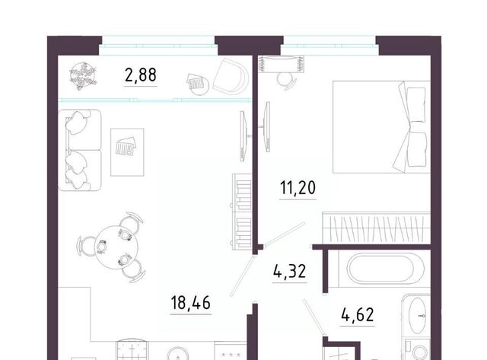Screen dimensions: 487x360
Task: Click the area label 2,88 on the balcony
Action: click(141, 75)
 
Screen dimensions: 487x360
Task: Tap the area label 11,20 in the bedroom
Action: click(298, 187)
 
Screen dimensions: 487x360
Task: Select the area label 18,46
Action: click(191, 302)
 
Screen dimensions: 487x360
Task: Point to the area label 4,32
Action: click(289, 271)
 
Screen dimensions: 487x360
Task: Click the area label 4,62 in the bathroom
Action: click(357, 314)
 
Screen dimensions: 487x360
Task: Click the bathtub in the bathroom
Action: click(386, 268)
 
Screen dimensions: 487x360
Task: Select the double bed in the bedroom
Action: click(381, 127)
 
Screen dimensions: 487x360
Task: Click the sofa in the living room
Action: click(79, 150)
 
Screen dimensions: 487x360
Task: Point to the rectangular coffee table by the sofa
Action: click(127, 152)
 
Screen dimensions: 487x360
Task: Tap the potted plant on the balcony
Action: click(83, 76)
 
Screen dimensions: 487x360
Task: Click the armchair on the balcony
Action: click(231, 76)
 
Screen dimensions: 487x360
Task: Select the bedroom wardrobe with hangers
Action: click(377, 228)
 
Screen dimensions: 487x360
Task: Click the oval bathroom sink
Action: click(417, 316)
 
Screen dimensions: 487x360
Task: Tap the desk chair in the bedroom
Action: click(286, 81)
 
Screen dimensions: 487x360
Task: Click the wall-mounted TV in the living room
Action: click(243, 136)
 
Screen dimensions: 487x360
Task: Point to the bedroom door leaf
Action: click(284, 233)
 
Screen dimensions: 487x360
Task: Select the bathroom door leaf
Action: click(314, 317)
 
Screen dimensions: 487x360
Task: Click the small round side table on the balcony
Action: click(198, 85)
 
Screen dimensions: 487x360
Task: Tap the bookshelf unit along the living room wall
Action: click(242, 212)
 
